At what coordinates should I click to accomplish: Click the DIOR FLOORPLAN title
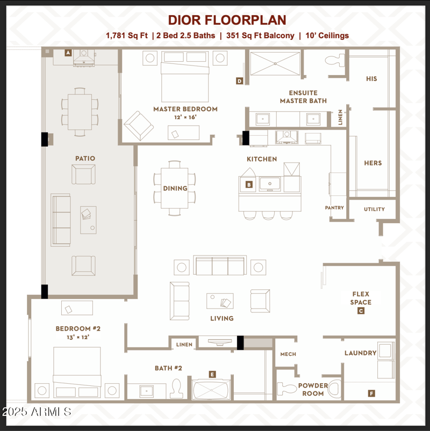(227, 20)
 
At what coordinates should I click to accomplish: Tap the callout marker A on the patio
(68, 53)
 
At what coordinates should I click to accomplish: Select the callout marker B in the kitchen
(249, 185)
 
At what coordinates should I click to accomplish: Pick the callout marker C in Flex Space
(361, 311)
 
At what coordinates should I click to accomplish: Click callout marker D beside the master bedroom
(240, 81)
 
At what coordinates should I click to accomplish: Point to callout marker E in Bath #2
(212, 374)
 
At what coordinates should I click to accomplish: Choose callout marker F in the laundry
(371, 393)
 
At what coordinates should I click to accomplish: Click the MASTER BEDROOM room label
(185, 109)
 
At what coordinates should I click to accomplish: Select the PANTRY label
(334, 208)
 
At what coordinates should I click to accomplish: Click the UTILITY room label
(374, 209)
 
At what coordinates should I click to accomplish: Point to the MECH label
(288, 354)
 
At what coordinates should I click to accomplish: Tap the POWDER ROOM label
(313, 390)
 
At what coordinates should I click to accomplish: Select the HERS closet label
(373, 163)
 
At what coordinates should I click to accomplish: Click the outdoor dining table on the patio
(80, 112)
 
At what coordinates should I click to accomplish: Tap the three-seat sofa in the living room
(219, 266)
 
